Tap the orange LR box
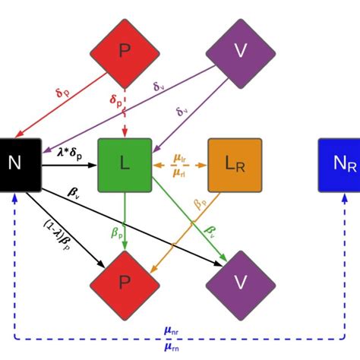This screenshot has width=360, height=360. [235, 164]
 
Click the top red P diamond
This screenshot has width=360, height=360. [125, 51]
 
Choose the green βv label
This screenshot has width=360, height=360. [209, 229]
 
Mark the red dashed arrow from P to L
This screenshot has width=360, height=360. [125, 114]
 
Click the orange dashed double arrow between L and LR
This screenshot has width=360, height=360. [180, 164]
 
